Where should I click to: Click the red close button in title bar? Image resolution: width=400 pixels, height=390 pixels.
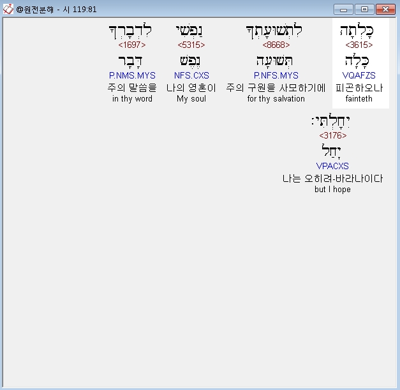385,10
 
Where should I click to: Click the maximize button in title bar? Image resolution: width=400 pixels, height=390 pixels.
364,10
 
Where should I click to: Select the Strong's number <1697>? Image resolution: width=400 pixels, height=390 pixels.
132,45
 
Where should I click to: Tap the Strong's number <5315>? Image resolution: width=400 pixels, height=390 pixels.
191,45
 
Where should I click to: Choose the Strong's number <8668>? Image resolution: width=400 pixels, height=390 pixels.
276,45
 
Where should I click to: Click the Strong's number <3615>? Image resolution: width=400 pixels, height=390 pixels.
359,45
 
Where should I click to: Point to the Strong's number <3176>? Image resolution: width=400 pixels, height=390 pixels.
333,135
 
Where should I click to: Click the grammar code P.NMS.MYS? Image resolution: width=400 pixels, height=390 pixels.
132,76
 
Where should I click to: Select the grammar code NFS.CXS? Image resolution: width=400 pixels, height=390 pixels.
191,76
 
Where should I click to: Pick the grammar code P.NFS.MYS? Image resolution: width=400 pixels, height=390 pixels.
276,76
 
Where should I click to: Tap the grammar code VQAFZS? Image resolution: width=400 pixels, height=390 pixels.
359,76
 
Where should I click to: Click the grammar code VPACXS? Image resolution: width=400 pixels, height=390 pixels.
333,167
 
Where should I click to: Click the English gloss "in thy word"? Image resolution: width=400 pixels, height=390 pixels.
132,99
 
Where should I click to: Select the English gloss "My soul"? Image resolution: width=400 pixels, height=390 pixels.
191,99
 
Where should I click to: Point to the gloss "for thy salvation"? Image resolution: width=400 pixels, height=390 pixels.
276,99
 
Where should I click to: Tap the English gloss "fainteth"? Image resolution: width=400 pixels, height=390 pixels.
359,99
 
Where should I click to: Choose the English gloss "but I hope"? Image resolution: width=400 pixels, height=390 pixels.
333,190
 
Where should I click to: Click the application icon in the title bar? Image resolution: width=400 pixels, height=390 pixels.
8,10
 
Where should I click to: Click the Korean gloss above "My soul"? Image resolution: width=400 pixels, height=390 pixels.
191,88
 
